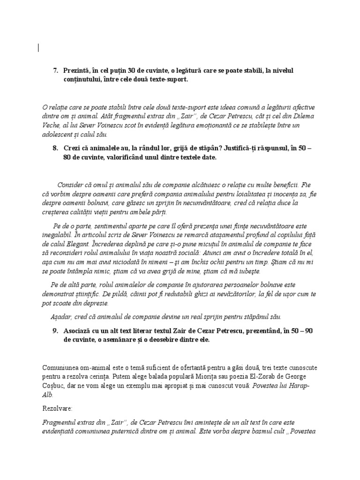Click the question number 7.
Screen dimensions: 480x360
pos(55,71)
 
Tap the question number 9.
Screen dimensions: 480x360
pos(55,331)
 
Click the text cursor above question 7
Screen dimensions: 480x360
pos(38,47)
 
